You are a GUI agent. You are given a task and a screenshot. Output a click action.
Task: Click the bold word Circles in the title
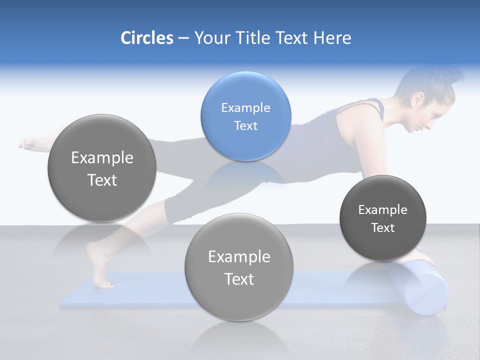click(x=146, y=38)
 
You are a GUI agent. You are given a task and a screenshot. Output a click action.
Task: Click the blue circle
click(x=245, y=116)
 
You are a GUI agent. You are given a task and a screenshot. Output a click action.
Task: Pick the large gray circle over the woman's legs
click(x=102, y=168)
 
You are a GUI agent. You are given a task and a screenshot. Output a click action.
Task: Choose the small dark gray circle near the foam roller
click(x=382, y=218)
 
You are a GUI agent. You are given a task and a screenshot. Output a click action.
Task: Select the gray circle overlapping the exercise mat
click(x=239, y=267)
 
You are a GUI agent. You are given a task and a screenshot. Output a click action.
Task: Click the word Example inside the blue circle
click(x=245, y=107)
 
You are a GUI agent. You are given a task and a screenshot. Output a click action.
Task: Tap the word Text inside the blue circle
click(x=245, y=125)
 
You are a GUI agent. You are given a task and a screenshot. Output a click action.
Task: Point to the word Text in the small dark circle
click(x=382, y=227)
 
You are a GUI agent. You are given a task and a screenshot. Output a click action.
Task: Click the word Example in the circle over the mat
click(x=239, y=256)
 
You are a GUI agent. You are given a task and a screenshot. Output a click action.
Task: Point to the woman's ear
click(x=416, y=100)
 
